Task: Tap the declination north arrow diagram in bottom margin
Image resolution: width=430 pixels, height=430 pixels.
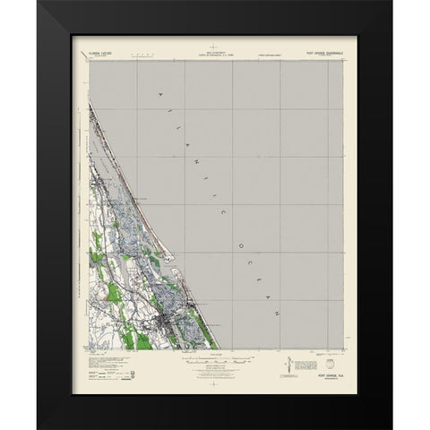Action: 286,367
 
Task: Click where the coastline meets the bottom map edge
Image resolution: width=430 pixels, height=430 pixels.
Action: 218,349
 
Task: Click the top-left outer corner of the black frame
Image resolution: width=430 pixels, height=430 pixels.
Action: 39,1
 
